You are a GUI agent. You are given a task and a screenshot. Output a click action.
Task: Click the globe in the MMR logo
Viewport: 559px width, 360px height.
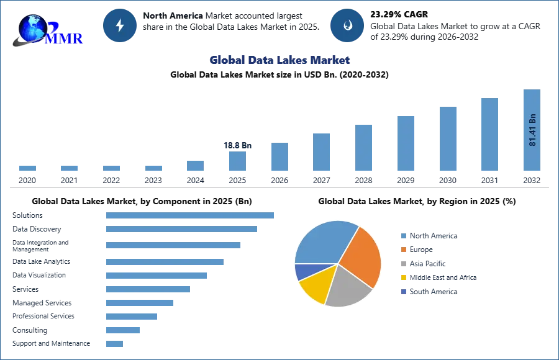point(33,28)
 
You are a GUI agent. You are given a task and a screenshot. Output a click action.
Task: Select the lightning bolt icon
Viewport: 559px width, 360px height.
point(120,25)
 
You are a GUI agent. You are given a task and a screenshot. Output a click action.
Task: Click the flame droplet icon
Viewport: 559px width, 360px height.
point(347,25)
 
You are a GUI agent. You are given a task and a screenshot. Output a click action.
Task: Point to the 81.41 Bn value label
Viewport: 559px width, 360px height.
point(532,130)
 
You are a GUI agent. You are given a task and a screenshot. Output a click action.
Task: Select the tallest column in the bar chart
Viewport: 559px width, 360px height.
point(532,132)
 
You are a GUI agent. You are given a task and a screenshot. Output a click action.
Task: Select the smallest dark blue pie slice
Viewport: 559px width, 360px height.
point(304,271)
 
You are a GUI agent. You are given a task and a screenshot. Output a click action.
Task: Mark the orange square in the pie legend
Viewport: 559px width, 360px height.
point(402,250)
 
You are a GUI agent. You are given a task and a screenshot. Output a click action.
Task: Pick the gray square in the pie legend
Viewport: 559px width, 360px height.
point(402,264)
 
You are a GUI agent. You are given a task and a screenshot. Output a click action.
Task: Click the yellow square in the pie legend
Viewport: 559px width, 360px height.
point(402,278)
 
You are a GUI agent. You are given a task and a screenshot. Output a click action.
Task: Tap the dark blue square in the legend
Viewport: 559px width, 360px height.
point(402,292)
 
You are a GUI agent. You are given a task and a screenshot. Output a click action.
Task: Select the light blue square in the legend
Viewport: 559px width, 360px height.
point(402,235)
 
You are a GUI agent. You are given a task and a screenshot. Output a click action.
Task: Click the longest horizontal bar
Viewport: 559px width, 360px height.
point(191,214)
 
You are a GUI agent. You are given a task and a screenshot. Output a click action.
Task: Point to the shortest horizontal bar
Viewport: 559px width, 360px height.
point(114,343)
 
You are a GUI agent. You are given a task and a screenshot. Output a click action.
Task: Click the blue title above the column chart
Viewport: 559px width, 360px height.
point(280,60)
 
